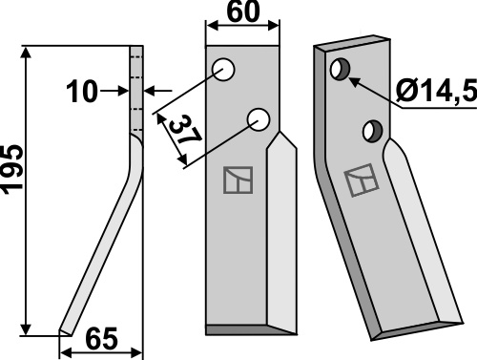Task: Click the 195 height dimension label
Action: pos(12,169)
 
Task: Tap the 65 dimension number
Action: pos(102,339)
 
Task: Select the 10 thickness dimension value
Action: pos(81,92)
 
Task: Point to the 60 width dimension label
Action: pos(243,12)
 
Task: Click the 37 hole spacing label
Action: pos(185,131)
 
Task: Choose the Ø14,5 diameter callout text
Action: pos(436,91)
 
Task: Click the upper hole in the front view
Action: pos(224,69)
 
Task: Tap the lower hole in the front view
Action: pos(259,119)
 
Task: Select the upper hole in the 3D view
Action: pos(341,70)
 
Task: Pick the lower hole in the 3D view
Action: pos(373,131)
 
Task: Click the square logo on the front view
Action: pos(238,180)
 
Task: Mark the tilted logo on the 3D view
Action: pos(362,180)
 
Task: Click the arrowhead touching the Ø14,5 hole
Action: pos(356,79)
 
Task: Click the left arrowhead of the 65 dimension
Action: pos(66,352)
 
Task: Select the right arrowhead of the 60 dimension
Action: pos(274,26)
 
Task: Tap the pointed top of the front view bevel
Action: pos(280,132)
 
